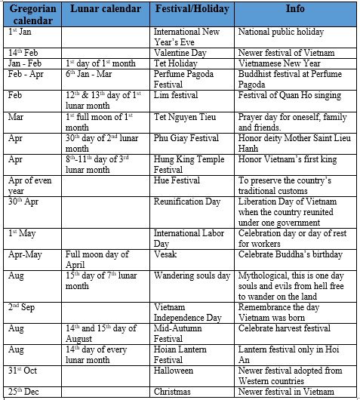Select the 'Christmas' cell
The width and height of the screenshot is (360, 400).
174,392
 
